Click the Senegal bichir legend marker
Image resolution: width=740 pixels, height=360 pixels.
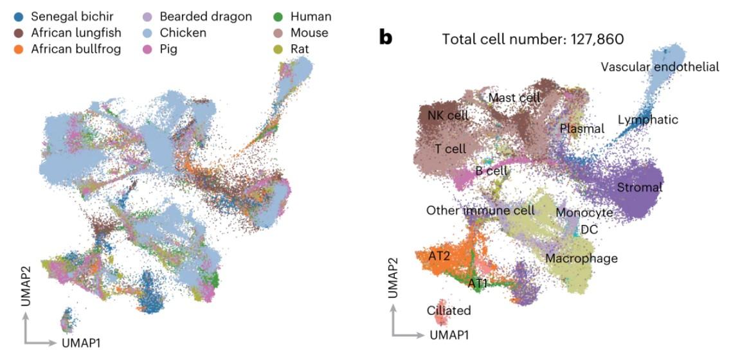[x=19, y=17]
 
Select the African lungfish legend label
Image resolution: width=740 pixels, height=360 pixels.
[x=76, y=33]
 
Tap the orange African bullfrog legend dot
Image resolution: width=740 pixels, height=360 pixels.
[x=19, y=49]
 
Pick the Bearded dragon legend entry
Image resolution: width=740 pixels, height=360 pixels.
[x=199, y=17]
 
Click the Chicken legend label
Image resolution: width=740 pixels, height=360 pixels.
[x=183, y=33]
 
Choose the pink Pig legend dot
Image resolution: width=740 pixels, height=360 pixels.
[x=147, y=49]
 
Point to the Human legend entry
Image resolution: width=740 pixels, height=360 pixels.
[x=303, y=17]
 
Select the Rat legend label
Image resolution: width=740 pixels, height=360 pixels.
[x=300, y=49]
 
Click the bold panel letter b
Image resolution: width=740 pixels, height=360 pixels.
[x=386, y=38]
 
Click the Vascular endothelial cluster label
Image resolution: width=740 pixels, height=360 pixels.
[x=660, y=67]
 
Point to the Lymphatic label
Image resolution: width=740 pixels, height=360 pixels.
[x=648, y=120]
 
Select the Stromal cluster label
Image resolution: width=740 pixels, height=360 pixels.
[x=640, y=187]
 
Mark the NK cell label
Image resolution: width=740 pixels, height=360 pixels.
[x=448, y=115]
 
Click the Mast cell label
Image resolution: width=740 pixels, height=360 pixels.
[x=514, y=98]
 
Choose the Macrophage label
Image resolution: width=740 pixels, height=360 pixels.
[x=581, y=258]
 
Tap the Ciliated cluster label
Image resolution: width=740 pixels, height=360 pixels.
[x=449, y=310]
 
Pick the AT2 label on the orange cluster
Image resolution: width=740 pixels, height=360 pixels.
[x=438, y=255]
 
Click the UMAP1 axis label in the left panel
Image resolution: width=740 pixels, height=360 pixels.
[x=81, y=343]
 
